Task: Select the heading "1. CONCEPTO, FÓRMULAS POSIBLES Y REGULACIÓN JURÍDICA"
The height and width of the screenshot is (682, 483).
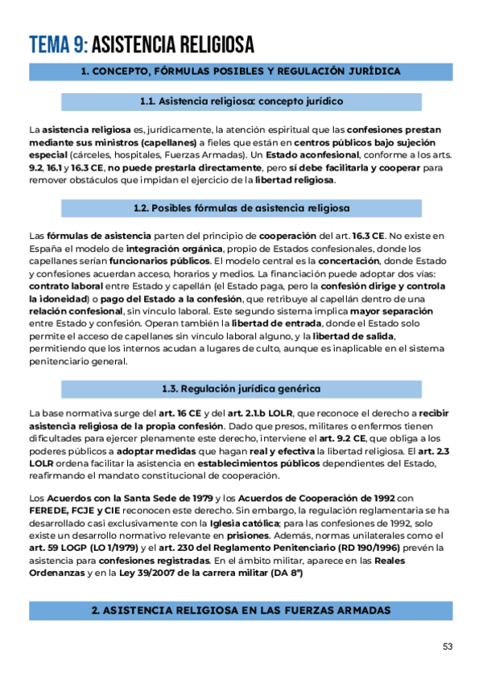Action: click(242, 72)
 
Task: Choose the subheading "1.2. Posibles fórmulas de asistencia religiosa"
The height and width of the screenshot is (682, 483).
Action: click(241, 207)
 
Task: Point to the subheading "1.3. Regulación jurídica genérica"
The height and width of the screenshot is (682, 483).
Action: click(241, 388)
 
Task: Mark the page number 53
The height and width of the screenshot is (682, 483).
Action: click(448, 646)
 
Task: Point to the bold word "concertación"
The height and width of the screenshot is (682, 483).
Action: click(349, 261)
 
